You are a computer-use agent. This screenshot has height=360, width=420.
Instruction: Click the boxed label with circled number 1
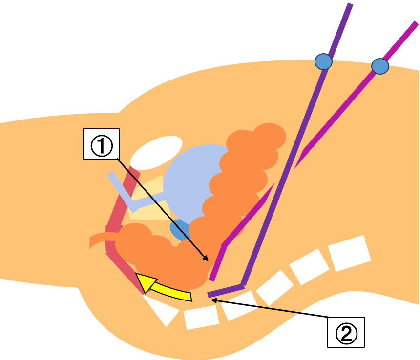(102, 144)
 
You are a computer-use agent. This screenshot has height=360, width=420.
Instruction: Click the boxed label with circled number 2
(346, 332)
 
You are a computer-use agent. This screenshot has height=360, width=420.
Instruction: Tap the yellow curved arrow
(166, 289)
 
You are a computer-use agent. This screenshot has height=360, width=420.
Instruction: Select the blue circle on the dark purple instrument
(323, 62)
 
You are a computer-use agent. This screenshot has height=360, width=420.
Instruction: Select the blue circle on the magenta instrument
(379, 66)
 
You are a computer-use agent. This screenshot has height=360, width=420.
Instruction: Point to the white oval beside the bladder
(156, 153)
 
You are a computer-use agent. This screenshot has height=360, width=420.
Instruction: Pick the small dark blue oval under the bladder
(179, 230)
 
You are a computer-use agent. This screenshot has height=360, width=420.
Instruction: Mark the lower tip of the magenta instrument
(212, 279)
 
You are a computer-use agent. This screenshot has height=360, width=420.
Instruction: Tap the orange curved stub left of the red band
(98, 241)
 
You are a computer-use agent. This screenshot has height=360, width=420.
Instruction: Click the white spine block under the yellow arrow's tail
(201, 317)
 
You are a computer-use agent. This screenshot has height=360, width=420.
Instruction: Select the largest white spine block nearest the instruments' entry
(348, 253)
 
